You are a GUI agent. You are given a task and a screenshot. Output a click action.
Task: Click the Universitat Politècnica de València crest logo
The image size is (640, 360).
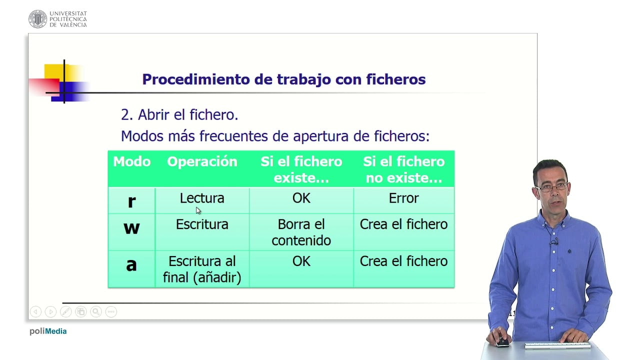pos(37,19)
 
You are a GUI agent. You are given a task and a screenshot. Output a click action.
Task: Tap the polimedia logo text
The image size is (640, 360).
pos(48,331)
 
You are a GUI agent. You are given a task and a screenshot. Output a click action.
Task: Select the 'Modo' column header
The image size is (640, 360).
pos(131,161)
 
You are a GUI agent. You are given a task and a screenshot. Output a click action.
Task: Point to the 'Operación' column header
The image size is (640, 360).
pos(202,161)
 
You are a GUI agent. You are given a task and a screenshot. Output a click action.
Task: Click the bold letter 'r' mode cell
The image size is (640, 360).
pos(131,201)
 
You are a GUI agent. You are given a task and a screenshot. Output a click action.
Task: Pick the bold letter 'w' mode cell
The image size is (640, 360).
pos(131,228)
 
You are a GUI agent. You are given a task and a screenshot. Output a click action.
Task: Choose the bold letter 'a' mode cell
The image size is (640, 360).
pos(131,264)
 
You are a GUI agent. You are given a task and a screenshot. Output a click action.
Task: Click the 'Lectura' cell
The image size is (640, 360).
pos(202,198)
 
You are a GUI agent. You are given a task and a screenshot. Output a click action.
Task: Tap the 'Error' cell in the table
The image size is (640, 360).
pos(403,198)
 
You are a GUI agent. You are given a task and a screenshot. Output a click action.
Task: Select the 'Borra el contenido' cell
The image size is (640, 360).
pos(301,232)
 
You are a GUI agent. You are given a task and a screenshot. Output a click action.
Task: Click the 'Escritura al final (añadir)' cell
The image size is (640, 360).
pos(202,269)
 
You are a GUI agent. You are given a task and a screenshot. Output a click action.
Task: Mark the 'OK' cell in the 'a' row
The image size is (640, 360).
pos(301,261)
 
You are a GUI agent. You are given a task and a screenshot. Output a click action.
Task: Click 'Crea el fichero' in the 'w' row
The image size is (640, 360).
pos(403,224)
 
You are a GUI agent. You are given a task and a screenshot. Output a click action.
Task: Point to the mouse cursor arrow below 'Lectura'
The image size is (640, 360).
pos(198,210)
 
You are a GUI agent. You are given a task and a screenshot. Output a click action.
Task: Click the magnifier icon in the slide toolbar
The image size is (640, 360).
pos(96,311)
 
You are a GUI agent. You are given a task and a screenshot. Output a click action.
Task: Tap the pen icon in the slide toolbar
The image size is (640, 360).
pos(65,311)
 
